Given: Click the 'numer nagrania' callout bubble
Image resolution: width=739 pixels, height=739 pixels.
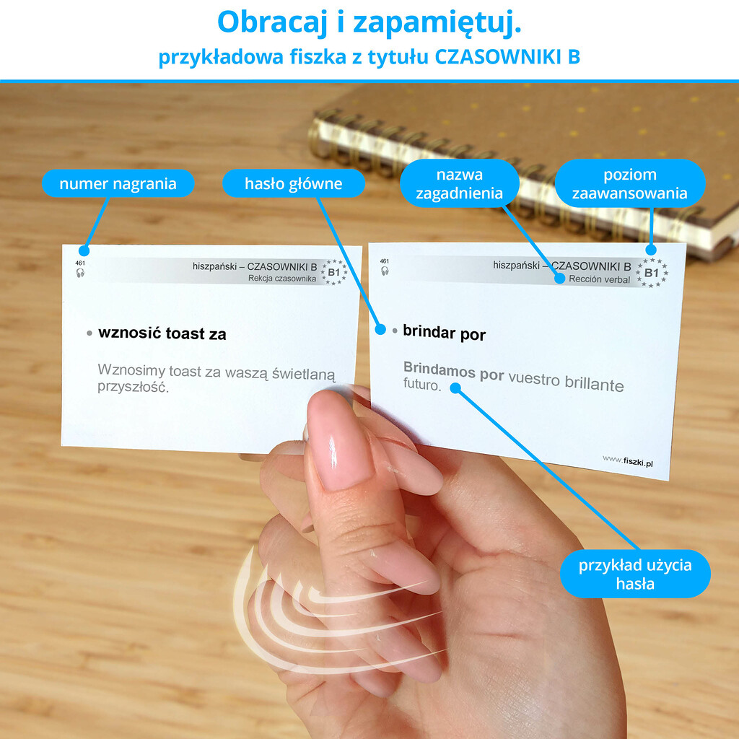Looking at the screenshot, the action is pos(118,183).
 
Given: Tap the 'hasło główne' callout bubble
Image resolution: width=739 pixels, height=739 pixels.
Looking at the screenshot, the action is pos(293,183).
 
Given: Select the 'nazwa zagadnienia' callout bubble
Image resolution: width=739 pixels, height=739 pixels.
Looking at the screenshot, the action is pos(460,183).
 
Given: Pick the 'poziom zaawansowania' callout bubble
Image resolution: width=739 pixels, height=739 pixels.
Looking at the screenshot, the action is pos(629,183).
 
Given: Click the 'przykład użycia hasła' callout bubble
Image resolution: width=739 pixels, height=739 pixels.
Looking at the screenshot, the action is pos(635,574).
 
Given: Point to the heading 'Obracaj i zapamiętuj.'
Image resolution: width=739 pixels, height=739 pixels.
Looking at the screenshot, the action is pos(369,22).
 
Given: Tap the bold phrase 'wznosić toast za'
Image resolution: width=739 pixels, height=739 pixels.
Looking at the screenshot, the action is pos(162,333).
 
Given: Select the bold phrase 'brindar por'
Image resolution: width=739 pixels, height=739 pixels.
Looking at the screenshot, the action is pos(444,333).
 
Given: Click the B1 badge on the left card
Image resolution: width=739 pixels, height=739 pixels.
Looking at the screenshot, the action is pos(334,272).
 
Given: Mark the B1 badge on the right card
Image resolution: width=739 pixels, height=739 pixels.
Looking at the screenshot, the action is pos(652,272).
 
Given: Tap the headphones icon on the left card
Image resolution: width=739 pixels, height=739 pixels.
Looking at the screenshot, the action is pos(80,272).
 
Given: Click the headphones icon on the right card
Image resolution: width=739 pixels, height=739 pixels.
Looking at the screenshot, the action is pos(385,271).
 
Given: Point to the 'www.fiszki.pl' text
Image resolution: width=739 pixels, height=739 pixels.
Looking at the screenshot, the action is pos(628,460).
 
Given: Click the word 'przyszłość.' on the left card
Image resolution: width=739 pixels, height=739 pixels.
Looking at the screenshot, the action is pos(134,388).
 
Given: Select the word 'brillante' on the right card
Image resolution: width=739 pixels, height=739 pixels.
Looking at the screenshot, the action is pos(595,384).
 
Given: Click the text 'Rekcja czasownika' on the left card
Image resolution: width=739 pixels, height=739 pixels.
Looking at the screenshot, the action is pos(282,279).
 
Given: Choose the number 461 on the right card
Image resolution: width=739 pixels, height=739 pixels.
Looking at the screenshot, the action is pos(385,261).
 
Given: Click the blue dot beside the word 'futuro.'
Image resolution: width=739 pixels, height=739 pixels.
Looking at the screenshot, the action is pos(455,388).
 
